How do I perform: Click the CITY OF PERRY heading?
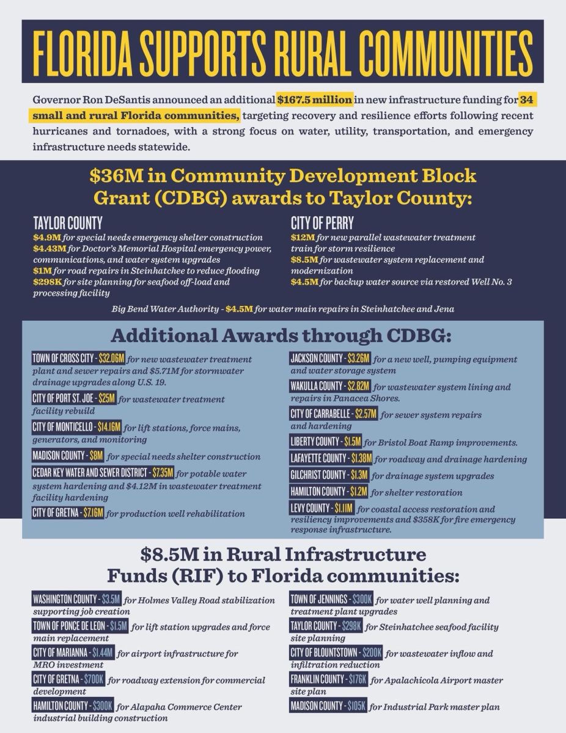[322, 223]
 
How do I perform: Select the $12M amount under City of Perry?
[300, 237]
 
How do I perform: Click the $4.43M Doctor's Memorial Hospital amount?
[49, 248]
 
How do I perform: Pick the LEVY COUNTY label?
[309, 508]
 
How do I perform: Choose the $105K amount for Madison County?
[356, 706]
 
